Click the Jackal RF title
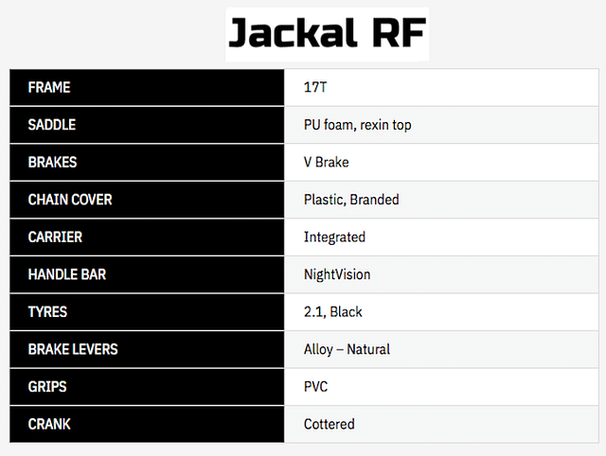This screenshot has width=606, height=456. pos(328,33)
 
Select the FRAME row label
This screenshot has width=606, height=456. pos(49,87)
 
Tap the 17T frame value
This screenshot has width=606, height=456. pos(315,87)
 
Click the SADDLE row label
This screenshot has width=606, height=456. pos(52,125)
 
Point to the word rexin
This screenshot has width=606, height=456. pos(375,125)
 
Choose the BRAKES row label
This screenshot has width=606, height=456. pos(53,162)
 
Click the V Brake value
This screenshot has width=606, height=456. pos(326,162)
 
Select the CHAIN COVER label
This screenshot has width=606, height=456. pos(70,200)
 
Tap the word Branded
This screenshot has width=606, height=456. pos(374,200)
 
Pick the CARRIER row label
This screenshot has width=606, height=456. pos(55,237)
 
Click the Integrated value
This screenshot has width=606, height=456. pos(334,237)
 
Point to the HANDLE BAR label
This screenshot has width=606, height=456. pos(67,274)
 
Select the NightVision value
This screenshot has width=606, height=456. pos(337,275)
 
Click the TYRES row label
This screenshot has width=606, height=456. pos(47,312)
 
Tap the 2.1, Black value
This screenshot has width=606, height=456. pos(332,312)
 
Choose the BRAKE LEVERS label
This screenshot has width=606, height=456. pos(73,349)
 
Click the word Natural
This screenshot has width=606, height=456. pos(368,349)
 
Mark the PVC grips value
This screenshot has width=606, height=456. pos(315,387)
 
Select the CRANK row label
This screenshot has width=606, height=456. pos(49,425)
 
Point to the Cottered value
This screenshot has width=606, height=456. pos(330,425)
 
